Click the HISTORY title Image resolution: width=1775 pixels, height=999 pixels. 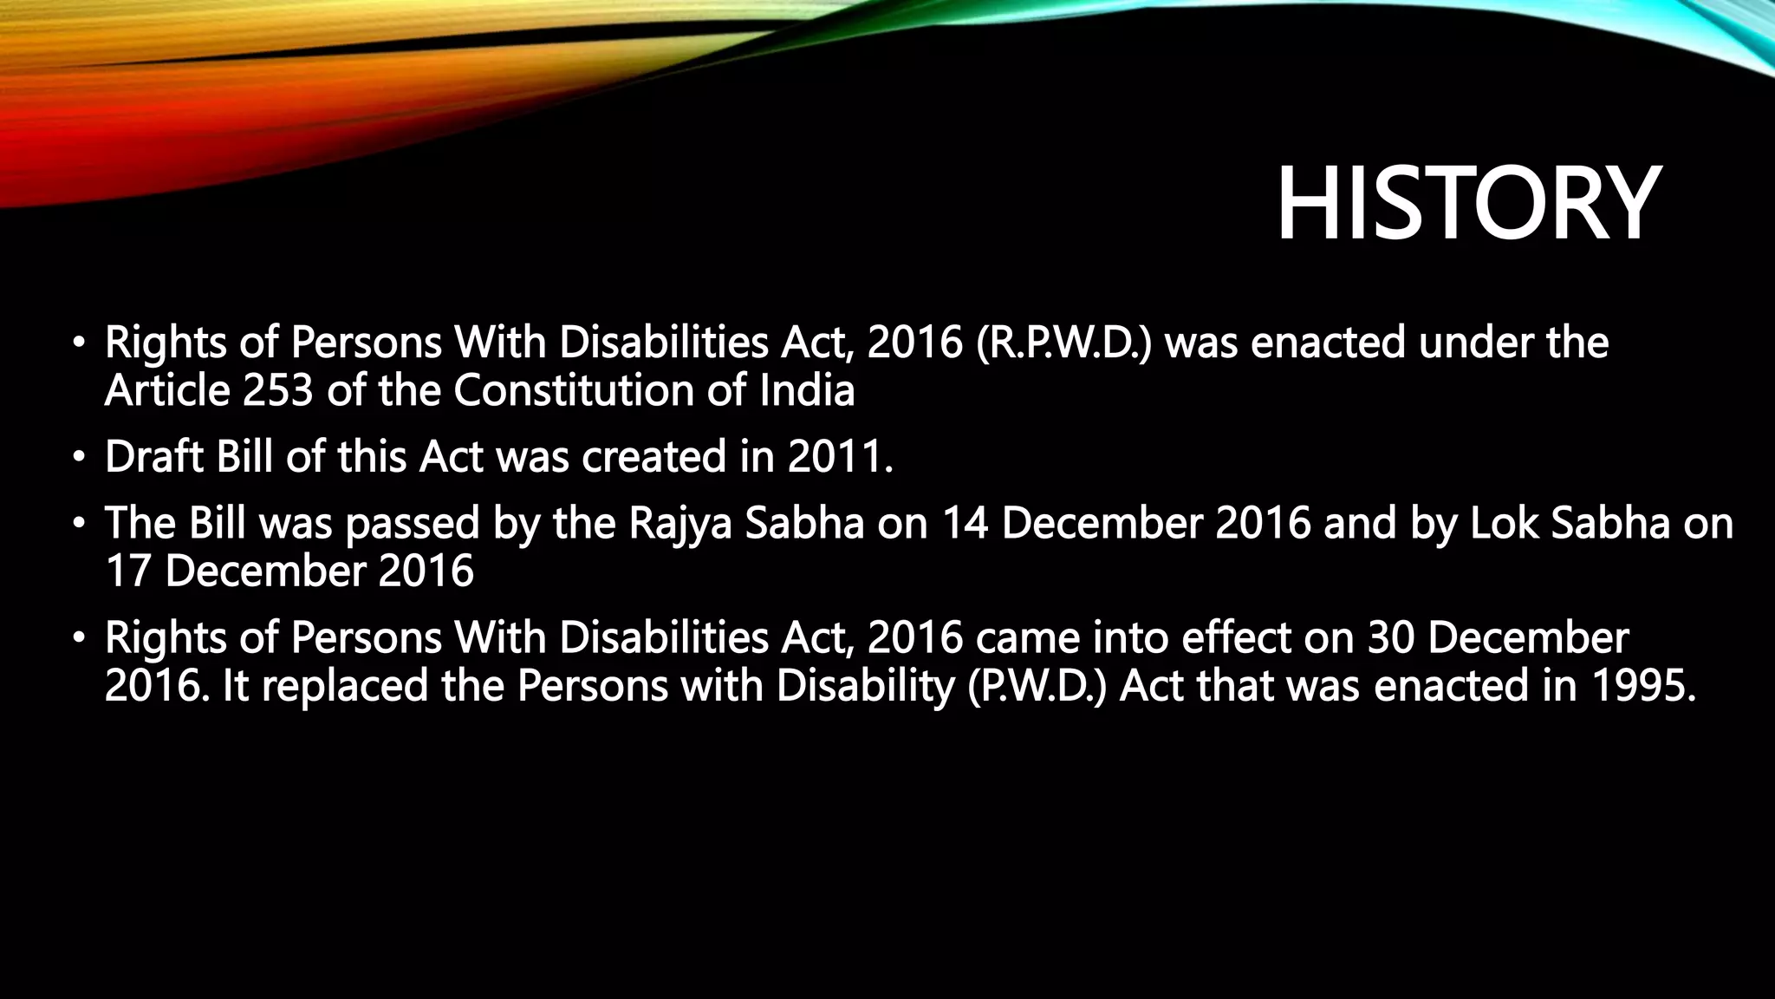pos(1467,206)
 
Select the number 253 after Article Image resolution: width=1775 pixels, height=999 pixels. pos(277,391)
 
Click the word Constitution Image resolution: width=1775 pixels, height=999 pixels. pos(573,391)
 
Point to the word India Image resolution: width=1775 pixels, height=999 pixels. pos(807,391)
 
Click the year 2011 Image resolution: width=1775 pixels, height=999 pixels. pos(839,457)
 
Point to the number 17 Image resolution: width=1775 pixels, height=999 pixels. pos(127,571)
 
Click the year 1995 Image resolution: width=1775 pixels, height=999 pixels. pos(1642,686)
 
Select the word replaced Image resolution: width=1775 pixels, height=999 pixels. pos(345,686)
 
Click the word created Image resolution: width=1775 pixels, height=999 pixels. pos(653,457)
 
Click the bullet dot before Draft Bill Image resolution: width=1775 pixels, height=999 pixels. pos(80,457)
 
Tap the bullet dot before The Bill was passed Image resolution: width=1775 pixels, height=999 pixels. pos(80,524)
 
